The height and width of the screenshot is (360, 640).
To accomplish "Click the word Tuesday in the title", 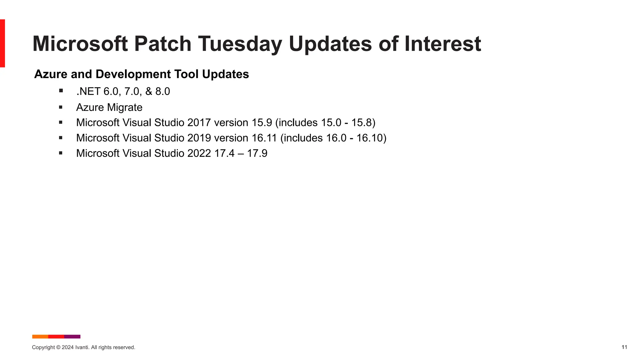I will [x=240, y=44].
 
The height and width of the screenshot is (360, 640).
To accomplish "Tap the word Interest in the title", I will [x=442, y=44].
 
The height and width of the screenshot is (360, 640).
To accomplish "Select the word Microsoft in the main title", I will [x=80, y=44].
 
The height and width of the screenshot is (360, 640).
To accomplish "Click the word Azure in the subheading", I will [x=51, y=74].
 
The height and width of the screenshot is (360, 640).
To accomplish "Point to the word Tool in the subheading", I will [x=187, y=74].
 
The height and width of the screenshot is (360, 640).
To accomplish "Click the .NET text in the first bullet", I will [x=88, y=92].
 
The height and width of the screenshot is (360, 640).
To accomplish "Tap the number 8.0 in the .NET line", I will [x=162, y=92].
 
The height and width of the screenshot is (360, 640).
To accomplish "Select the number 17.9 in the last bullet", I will [x=257, y=153].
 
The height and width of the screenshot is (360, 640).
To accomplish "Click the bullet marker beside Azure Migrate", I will [x=61, y=107].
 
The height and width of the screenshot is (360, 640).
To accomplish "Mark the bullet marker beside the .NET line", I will [x=61, y=91].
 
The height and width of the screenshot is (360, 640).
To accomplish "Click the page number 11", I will [x=624, y=347].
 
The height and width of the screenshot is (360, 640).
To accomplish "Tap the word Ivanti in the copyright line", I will [x=82, y=347].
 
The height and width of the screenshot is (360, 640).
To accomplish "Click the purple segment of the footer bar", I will [x=72, y=337].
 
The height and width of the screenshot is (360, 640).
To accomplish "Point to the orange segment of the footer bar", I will [x=40, y=337].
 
